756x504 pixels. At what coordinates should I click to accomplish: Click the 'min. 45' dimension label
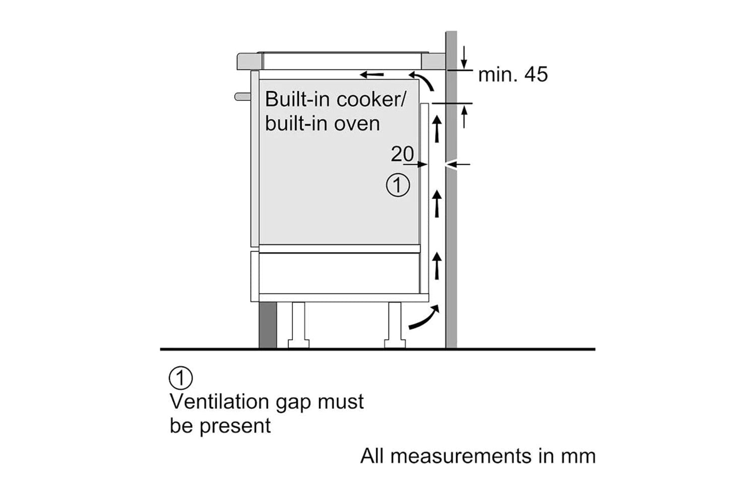point(513,75)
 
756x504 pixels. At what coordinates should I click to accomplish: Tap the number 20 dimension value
point(402,154)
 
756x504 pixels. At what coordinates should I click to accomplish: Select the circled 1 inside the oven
point(398,185)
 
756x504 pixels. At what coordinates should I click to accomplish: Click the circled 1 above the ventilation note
point(180,377)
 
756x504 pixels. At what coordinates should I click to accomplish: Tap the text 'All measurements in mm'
point(478,456)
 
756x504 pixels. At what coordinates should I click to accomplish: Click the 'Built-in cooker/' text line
point(335,99)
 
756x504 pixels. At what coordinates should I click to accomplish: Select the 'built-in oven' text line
point(323,123)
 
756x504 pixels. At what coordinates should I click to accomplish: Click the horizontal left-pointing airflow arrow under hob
point(372,75)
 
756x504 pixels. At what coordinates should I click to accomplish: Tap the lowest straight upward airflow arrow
point(437,266)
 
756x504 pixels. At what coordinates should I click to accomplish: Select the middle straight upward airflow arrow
point(437,204)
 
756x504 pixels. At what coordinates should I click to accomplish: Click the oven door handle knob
point(242,96)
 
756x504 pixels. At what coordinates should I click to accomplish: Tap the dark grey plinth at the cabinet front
point(268,325)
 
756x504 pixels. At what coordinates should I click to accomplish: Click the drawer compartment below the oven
point(339,273)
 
